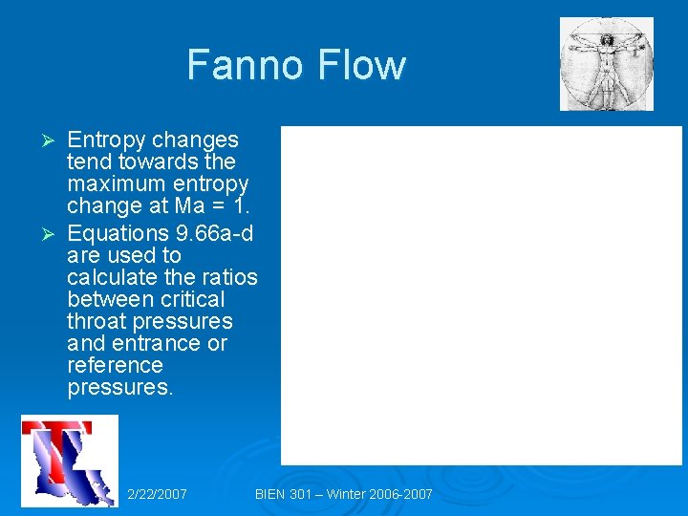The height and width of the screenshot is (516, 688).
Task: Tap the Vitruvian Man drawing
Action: [x=607, y=64]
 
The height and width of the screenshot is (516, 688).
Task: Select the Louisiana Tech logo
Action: [x=70, y=462]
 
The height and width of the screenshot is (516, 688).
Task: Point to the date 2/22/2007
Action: [x=157, y=494]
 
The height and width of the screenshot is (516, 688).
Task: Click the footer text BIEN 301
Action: [x=290, y=494]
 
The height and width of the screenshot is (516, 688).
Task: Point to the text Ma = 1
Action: [x=210, y=205]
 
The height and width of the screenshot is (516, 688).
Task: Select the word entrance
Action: [x=153, y=344]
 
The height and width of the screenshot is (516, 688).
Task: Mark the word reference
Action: [x=115, y=366]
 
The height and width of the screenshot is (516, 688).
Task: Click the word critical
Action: [x=192, y=300]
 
